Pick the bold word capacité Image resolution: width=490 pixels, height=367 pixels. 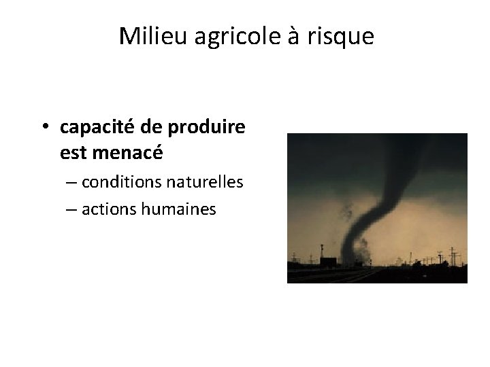(97, 127)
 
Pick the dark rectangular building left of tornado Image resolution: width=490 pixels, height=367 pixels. (327, 264)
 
